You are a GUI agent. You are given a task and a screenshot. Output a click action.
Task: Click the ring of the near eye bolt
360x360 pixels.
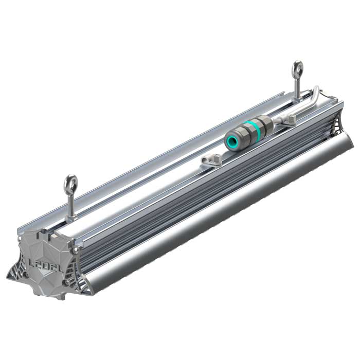[70, 183]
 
